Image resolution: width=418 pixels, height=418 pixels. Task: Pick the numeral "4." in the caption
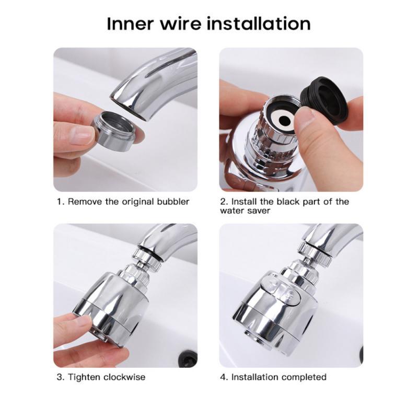[225, 377]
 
